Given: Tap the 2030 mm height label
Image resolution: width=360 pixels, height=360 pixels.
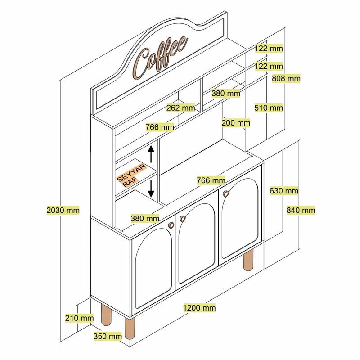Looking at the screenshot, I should [x=63, y=210].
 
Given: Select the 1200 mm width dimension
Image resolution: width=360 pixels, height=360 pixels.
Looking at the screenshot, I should [x=199, y=308].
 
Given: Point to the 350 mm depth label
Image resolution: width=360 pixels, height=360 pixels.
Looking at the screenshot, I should [x=108, y=336].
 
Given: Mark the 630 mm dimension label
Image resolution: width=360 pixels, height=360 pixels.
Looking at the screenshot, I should [x=284, y=191].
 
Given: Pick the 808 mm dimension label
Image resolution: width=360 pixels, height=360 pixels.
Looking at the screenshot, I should [x=286, y=78].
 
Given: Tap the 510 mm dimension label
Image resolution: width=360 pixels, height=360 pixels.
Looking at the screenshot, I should [x=269, y=108].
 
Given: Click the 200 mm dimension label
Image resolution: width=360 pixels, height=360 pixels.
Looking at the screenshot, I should [x=236, y=122].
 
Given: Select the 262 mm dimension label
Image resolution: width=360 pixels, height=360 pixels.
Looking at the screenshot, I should [x=180, y=108].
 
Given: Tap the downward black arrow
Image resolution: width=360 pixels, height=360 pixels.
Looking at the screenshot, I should [x=151, y=187].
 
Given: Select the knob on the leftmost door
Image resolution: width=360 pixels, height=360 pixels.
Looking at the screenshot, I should [x=171, y=225].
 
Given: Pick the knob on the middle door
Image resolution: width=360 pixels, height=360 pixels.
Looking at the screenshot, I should [x=182, y=219].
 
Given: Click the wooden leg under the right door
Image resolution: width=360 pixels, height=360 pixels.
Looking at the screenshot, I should [x=248, y=262].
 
